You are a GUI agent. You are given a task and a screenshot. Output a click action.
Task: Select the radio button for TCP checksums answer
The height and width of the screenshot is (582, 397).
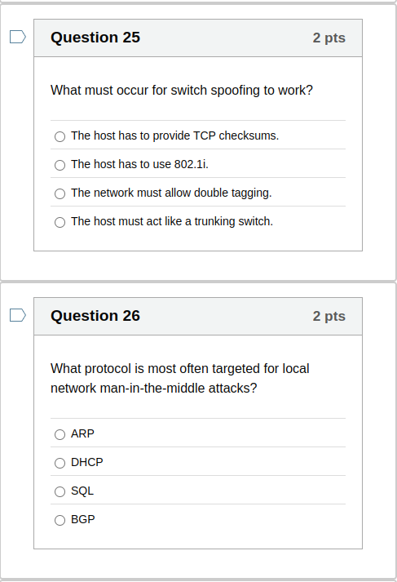[x=60, y=136]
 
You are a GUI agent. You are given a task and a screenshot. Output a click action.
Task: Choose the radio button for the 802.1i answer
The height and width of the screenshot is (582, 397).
[x=60, y=165]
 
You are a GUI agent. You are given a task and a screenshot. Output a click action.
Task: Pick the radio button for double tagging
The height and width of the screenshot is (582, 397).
[x=60, y=193]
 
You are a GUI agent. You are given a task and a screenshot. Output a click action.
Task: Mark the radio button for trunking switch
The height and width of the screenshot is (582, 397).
[x=60, y=222]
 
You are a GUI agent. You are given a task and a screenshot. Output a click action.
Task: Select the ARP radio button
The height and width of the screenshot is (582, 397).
[x=60, y=434]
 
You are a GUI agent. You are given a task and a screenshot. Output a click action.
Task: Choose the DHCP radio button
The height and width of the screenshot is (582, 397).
[x=60, y=463]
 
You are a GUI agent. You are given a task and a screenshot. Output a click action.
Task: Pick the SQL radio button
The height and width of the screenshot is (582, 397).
[x=60, y=491]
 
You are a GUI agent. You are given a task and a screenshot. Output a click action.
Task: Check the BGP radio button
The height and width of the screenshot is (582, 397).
[x=60, y=520]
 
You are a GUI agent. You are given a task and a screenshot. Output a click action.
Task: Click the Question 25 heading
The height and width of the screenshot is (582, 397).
[x=95, y=38]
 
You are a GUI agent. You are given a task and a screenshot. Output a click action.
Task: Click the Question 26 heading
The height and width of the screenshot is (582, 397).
[x=95, y=316]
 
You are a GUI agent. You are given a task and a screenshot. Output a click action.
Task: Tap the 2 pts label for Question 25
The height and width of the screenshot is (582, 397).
[x=329, y=38]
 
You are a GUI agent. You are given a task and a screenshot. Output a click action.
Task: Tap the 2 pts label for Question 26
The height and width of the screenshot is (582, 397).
[x=329, y=317]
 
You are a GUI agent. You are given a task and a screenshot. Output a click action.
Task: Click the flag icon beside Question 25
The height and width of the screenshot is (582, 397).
[x=18, y=37]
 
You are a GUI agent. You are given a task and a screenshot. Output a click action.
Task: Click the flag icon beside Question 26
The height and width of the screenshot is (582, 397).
[x=18, y=315]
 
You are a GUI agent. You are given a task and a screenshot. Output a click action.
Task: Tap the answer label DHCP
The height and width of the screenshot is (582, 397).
[x=87, y=462]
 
